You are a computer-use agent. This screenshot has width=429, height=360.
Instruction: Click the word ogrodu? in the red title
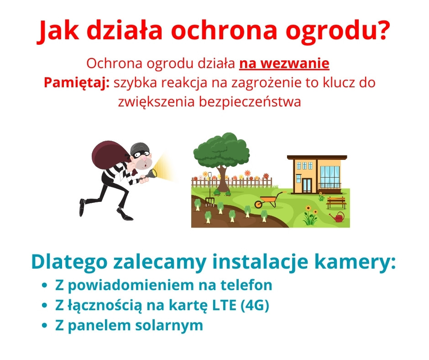(338, 31)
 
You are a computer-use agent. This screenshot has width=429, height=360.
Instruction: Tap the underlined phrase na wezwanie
(284, 64)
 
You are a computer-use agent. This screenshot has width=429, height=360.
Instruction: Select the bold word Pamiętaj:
(77, 83)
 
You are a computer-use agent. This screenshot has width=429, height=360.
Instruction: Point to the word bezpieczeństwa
(250, 101)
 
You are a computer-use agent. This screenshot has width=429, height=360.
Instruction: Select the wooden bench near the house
(336, 203)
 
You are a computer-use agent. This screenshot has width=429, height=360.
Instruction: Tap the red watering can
(338, 217)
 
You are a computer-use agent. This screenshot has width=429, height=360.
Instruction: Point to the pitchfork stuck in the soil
(210, 190)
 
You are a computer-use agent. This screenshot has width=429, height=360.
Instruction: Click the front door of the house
(307, 185)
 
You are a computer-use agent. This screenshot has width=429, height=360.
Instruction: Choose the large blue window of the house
(330, 175)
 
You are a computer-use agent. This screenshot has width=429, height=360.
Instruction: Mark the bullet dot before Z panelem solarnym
(45, 325)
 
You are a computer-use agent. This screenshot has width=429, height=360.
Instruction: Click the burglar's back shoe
(82, 207)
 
